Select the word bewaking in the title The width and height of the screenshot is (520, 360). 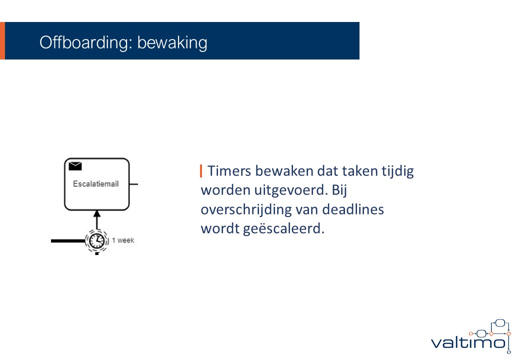tap(172, 43)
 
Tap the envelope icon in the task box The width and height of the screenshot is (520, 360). tap(75, 165)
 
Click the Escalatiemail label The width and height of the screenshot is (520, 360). tap(96, 184)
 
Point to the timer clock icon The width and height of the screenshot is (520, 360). tap(97, 240)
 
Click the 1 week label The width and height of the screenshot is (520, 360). tap(123, 240)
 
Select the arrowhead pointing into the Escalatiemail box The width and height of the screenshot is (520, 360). tap(97, 213)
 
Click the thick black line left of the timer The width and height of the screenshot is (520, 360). tap(68, 241)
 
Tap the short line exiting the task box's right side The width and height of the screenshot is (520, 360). tap(133, 184)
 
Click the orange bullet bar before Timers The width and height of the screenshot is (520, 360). tap(201, 171)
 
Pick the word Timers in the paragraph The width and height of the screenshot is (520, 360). tap(229, 171)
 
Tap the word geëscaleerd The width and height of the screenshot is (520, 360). tap(284, 228)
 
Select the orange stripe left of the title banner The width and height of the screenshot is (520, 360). tap(2, 41)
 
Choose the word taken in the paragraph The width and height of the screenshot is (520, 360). tap(360, 171)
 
